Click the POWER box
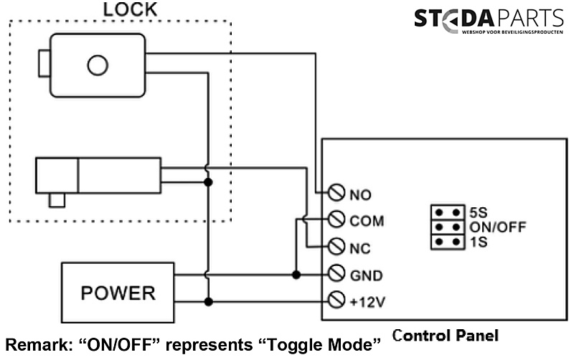[118, 293]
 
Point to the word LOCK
[130, 10]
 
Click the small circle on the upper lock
[97, 65]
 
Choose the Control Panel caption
[445, 335]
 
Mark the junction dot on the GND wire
[296, 274]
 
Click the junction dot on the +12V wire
[208, 301]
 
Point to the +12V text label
[367, 301]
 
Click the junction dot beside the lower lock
[208, 182]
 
